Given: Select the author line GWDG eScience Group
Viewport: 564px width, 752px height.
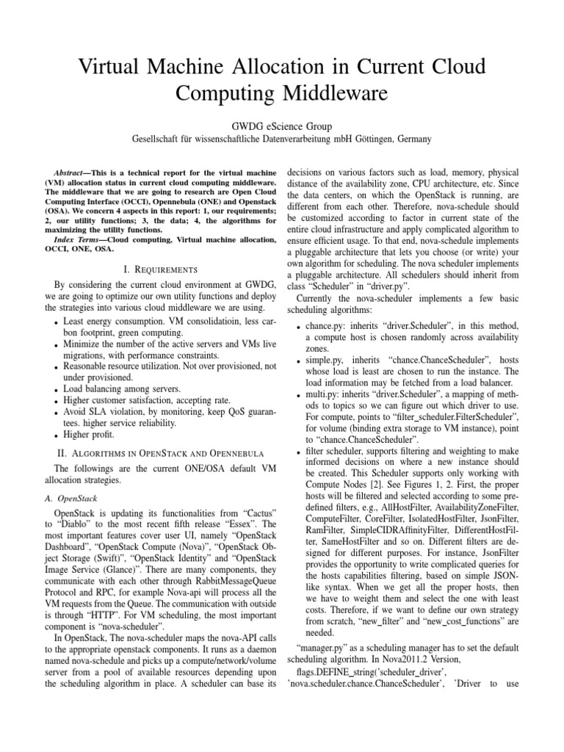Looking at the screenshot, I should click(x=281, y=125).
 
